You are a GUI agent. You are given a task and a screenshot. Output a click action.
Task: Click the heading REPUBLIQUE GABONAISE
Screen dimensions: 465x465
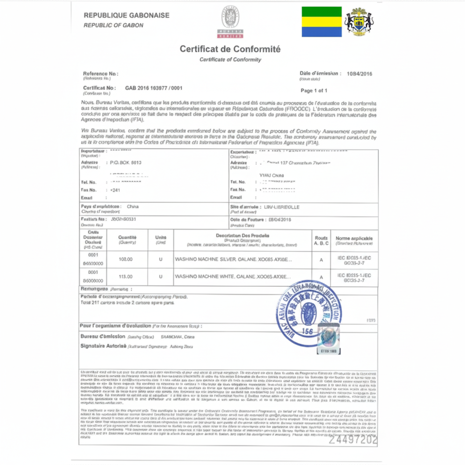click(126, 15)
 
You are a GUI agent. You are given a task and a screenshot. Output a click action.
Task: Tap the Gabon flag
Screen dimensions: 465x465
click(322, 22)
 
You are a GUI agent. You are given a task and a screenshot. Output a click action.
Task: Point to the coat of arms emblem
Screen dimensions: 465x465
click(359, 22)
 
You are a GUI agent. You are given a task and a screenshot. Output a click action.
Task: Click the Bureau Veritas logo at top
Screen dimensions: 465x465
click(230, 22)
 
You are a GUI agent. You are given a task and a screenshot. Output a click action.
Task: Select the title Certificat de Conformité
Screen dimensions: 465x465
click(230, 49)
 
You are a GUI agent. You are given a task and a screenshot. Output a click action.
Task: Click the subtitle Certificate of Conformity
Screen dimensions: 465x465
click(230, 60)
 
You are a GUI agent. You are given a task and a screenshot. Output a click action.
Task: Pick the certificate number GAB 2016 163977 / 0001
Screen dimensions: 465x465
click(154, 88)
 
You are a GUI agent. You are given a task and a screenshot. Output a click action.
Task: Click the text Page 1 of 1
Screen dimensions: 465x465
click(314, 91)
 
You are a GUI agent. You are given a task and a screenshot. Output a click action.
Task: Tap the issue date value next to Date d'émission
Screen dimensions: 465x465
click(359, 74)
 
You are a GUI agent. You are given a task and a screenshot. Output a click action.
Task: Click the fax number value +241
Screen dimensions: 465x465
click(115, 190)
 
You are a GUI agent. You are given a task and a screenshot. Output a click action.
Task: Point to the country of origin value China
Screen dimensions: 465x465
click(132, 206)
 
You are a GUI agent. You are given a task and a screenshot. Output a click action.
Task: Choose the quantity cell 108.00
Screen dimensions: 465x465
click(126, 259)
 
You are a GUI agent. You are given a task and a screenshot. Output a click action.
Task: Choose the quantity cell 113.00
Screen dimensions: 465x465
click(126, 277)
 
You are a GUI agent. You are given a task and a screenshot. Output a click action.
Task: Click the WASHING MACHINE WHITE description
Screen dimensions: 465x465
click(232, 277)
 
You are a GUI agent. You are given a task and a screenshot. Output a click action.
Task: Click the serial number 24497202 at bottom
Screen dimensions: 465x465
click(353, 440)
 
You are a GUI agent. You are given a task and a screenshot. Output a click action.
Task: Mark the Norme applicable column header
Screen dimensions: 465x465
click(354, 238)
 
